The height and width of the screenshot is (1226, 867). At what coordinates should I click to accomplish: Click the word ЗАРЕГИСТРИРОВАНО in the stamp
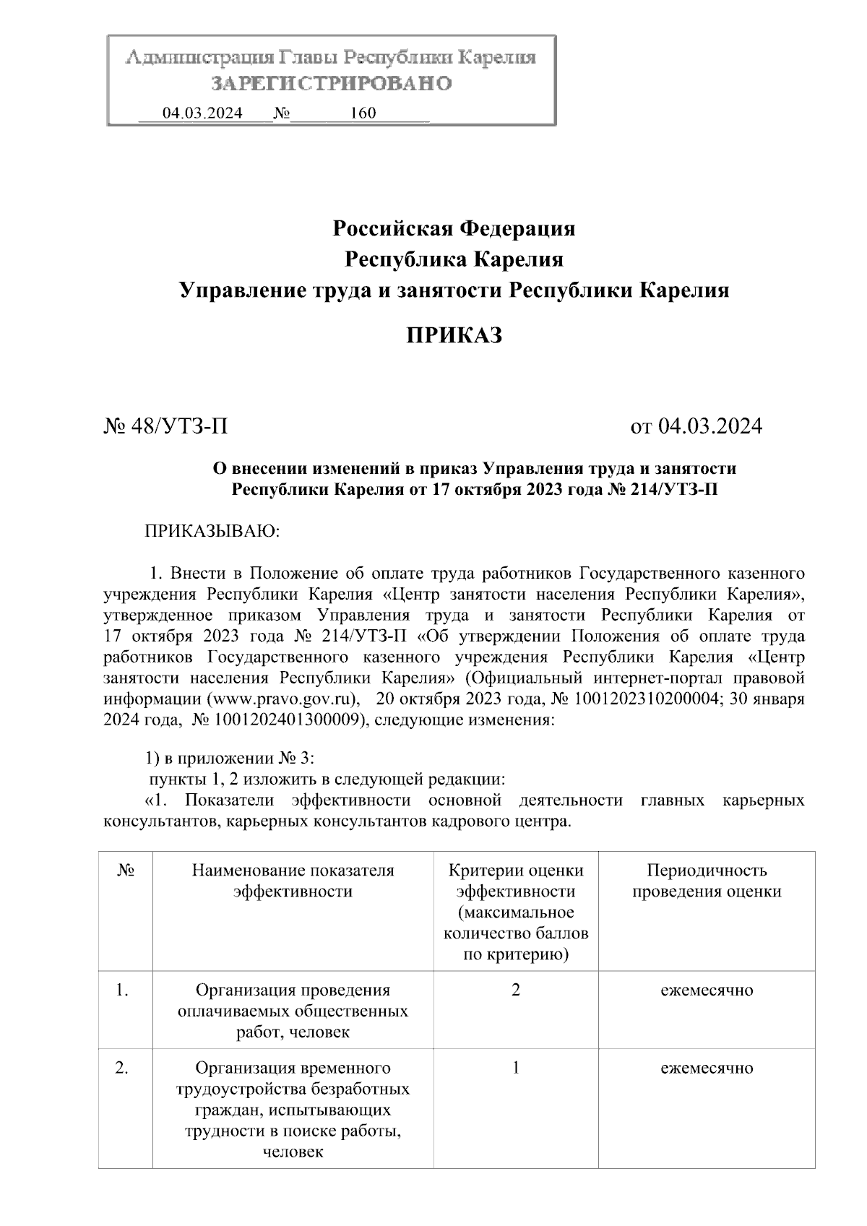pos(332,84)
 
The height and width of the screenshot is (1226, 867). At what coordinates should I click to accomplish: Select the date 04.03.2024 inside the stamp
pos(202,113)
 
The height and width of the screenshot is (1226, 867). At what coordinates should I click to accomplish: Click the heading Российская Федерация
pos(454,229)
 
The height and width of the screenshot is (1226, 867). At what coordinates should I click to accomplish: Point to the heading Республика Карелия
pos(454,259)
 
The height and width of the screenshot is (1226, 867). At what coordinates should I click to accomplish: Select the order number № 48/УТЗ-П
pos(166,426)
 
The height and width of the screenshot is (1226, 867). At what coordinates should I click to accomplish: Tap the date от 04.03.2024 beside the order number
pos(696,426)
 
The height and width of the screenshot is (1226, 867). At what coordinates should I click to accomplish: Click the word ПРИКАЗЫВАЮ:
pos(212,532)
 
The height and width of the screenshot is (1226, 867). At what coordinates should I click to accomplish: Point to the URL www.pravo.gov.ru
pos(283,700)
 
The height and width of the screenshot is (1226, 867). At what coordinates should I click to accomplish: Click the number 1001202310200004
pos(647,700)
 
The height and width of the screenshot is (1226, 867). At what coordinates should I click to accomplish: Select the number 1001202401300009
pos(287,720)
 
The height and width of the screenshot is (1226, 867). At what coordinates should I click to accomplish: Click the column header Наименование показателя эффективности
pos(293,881)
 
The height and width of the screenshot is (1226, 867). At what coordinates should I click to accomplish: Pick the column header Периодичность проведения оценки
pos(706,881)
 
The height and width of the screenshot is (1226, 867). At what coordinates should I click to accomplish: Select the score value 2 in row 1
pos(515,990)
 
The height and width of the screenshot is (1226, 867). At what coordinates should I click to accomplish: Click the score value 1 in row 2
pos(515,1068)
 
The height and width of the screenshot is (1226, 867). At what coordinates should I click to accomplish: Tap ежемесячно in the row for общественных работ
pos(706,990)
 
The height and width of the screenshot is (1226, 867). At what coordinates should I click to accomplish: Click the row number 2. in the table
pos(122,1068)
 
